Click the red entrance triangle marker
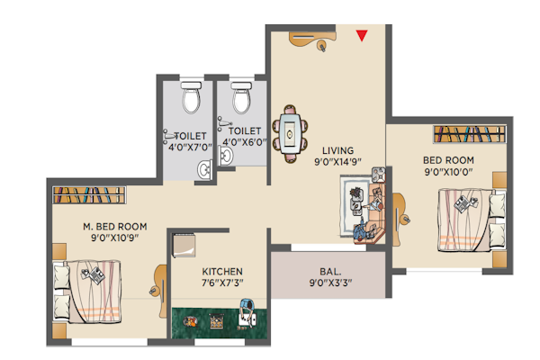[362, 35]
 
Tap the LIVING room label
[337, 150]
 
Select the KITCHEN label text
[222, 272]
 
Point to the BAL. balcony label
[330, 272]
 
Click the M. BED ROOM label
[115, 226]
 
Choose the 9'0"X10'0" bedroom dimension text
[448, 172]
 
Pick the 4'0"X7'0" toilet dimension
[190, 148]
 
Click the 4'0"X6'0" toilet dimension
[245, 142]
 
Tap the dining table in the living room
[290, 133]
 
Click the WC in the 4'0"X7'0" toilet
[191, 97]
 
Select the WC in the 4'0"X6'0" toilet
[241, 97]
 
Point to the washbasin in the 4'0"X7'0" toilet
[205, 169]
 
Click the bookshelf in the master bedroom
[89, 195]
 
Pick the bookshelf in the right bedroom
[470, 134]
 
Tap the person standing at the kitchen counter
[247, 311]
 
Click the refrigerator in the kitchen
[184, 246]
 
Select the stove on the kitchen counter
[216, 321]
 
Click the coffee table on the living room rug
[356, 204]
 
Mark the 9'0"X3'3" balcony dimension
[330, 283]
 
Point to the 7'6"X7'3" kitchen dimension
[222, 283]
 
